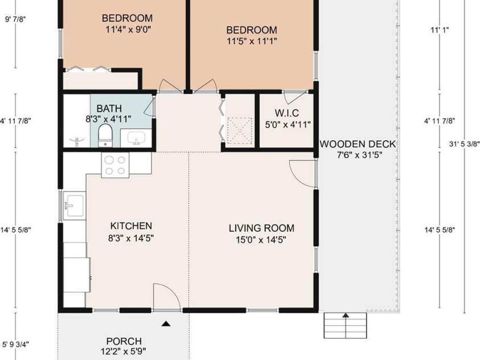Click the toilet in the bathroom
(x=105, y=136)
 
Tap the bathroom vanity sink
(x=136, y=138)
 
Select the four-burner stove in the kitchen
(x=115, y=165)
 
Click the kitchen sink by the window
(x=74, y=206)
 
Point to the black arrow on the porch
(x=166, y=324)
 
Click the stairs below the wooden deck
(x=345, y=325)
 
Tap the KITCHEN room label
(x=131, y=226)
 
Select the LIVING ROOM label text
(x=261, y=228)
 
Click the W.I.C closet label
(x=286, y=113)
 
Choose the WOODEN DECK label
(x=358, y=144)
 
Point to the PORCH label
(x=124, y=341)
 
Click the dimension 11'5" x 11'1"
(x=252, y=41)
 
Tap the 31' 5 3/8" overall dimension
(x=464, y=144)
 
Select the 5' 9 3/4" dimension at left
(x=15, y=344)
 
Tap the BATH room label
(x=109, y=108)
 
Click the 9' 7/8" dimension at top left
(x=15, y=19)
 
